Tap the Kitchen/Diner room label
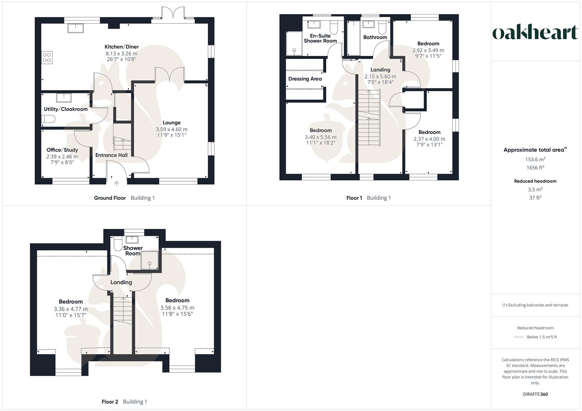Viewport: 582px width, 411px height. (x=122, y=47)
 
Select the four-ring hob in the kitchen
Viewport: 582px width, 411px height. (x=47, y=57)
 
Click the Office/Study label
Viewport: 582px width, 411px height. (x=62, y=150)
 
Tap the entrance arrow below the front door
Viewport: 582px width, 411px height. (x=117, y=184)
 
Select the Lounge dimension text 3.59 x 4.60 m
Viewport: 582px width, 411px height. (x=172, y=129)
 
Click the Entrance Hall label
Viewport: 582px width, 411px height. (x=111, y=155)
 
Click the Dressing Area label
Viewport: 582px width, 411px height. (x=305, y=79)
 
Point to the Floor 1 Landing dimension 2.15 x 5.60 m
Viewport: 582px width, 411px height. (x=380, y=76)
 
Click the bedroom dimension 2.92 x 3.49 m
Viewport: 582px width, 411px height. (x=428, y=50)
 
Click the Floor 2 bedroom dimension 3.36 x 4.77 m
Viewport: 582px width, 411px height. (x=71, y=309)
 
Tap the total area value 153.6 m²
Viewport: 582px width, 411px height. (x=535, y=159)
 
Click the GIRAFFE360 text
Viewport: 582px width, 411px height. (x=535, y=394)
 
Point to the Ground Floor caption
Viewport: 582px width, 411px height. (x=110, y=198)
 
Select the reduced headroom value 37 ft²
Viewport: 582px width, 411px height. (x=535, y=198)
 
